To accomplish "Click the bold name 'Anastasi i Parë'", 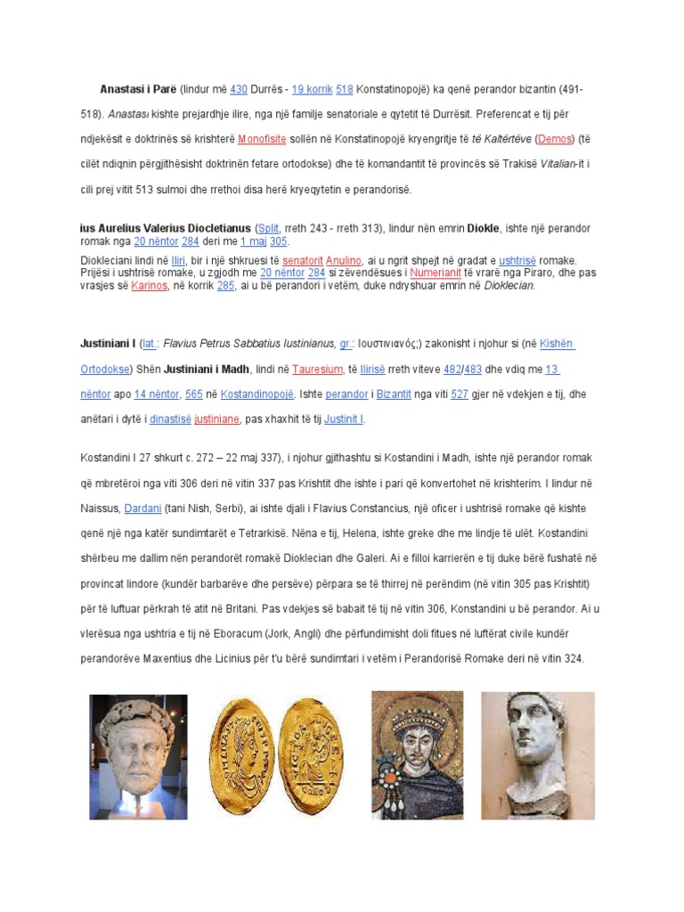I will click(x=138, y=89).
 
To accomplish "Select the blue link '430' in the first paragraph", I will click(x=238, y=89).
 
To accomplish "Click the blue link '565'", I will click(x=193, y=394).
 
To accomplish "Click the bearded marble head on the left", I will click(x=139, y=756).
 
